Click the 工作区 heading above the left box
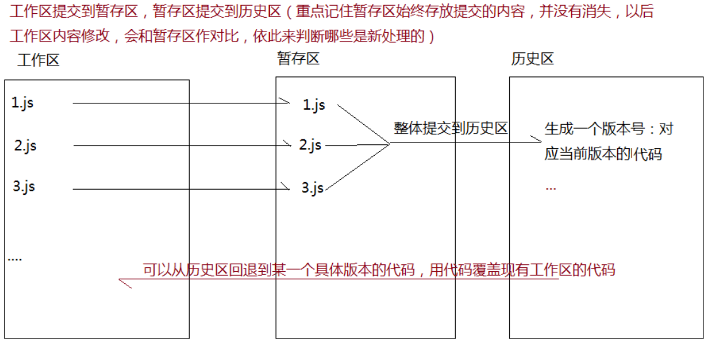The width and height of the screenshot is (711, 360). click(38, 61)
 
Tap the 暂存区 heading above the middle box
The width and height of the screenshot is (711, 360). click(298, 59)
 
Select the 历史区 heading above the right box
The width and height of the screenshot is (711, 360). click(533, 59)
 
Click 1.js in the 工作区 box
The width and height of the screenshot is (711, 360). click(23, 103)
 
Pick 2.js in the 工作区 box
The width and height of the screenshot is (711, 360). click(25, 146)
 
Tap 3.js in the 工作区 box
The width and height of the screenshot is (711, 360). click(24, 187)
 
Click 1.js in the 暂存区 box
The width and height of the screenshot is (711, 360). click(314, 105)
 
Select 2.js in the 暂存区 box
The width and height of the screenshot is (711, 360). click(310, 145)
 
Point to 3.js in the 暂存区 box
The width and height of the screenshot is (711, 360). click(312, 187)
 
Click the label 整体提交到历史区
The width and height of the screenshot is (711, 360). click(451, 129)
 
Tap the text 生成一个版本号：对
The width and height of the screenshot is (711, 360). click(609, 129)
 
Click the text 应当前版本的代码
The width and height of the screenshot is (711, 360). click(603, 154)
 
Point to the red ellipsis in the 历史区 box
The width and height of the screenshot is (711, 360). click(550, 187)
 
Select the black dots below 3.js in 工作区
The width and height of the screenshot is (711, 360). click(14, 258)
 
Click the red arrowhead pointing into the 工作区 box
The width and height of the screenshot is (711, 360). click(124, 282)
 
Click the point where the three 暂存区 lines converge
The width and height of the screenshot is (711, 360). click(390, 144)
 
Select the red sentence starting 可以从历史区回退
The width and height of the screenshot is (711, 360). click(378, 270)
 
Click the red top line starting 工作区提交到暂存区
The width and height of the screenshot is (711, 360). click(331, 13)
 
